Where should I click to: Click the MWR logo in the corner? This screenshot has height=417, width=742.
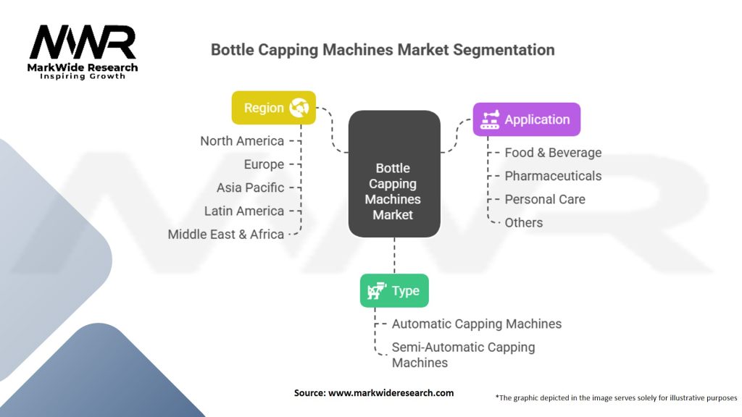click(83, 52)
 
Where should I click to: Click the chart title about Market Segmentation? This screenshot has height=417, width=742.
click(383, 50)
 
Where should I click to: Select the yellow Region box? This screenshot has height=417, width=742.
click(273, 108)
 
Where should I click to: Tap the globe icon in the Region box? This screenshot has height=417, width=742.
click(299, 108)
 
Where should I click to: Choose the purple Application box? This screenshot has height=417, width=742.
click(527, 119)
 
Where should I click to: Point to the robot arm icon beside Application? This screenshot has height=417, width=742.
click(490, 119)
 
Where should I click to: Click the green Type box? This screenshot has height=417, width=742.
click(394, 291)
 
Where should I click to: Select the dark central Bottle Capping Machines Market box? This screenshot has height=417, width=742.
click(394, 174)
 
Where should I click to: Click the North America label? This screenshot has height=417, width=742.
click(242, 141)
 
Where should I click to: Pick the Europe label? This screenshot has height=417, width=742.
click(264, 164)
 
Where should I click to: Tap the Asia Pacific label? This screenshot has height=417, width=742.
click(250, 188)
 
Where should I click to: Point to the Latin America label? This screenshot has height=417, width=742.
click(244, 211)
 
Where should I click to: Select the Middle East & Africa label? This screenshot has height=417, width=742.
click(226, 234)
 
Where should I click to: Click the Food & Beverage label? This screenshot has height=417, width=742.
click(553, 153)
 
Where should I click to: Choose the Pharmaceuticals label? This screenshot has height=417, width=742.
click(553, 176)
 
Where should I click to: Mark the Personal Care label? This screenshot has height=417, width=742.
click(545, 199)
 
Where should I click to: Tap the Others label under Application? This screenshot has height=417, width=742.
click(523, 223)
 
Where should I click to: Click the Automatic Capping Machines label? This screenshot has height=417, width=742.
click(477, 324)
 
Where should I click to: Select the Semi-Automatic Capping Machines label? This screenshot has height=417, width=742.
click(463, 355)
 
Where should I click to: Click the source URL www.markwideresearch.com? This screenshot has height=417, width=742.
click(391, 393)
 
